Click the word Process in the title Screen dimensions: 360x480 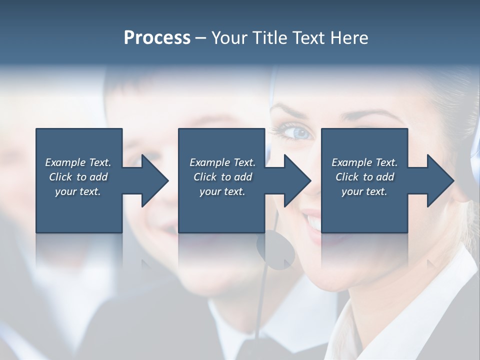click(x=157, y=38)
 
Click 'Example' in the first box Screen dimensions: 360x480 click(x=65, y=162)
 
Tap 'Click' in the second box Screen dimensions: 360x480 click(x=205, y=177)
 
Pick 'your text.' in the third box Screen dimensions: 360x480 click(x=364, y=191)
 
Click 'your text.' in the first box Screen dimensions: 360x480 click(x=78, y=191)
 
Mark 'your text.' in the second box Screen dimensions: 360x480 click(x=222, y=191)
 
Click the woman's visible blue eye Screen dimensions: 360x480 click(x=299, y=132)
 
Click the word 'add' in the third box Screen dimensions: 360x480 click(x=385, y=177)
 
